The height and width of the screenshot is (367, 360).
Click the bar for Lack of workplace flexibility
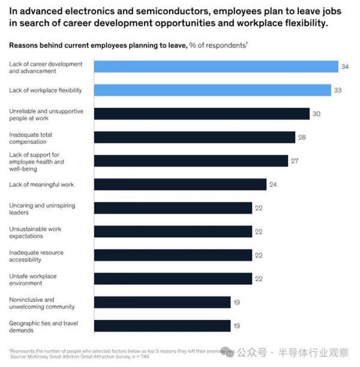pyautogui.click(x=212, y=90)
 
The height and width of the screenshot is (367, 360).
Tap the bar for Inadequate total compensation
pyautogui.click(x=194, y=137)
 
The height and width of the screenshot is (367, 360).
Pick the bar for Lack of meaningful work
pyautogui.click(x=180, y=184)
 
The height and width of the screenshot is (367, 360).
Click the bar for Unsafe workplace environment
pyautogui.click(x=173, y=278)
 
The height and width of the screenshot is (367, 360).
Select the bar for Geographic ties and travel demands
pyautogui.click(x=162, y=326)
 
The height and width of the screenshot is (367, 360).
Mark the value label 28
pyautogui.click(x=302, y=137)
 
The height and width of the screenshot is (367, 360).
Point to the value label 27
pyautogui.click(x=295, y=161)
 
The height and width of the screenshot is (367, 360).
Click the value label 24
pyautogui.click(x=273, y=184)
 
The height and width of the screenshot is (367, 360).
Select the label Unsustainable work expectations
pyautogui.click(x=35, y=232)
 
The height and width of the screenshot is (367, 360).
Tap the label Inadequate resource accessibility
pyautogui.click(x=36, y=255)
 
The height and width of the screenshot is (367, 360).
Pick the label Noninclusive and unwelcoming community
pyautogui.click(x=41, y=303)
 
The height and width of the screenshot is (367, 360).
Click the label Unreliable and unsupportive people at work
pyautogui.click(x=46, y=114)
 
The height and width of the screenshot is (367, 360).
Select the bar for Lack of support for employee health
pyautogui.click(x=191, y=160)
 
